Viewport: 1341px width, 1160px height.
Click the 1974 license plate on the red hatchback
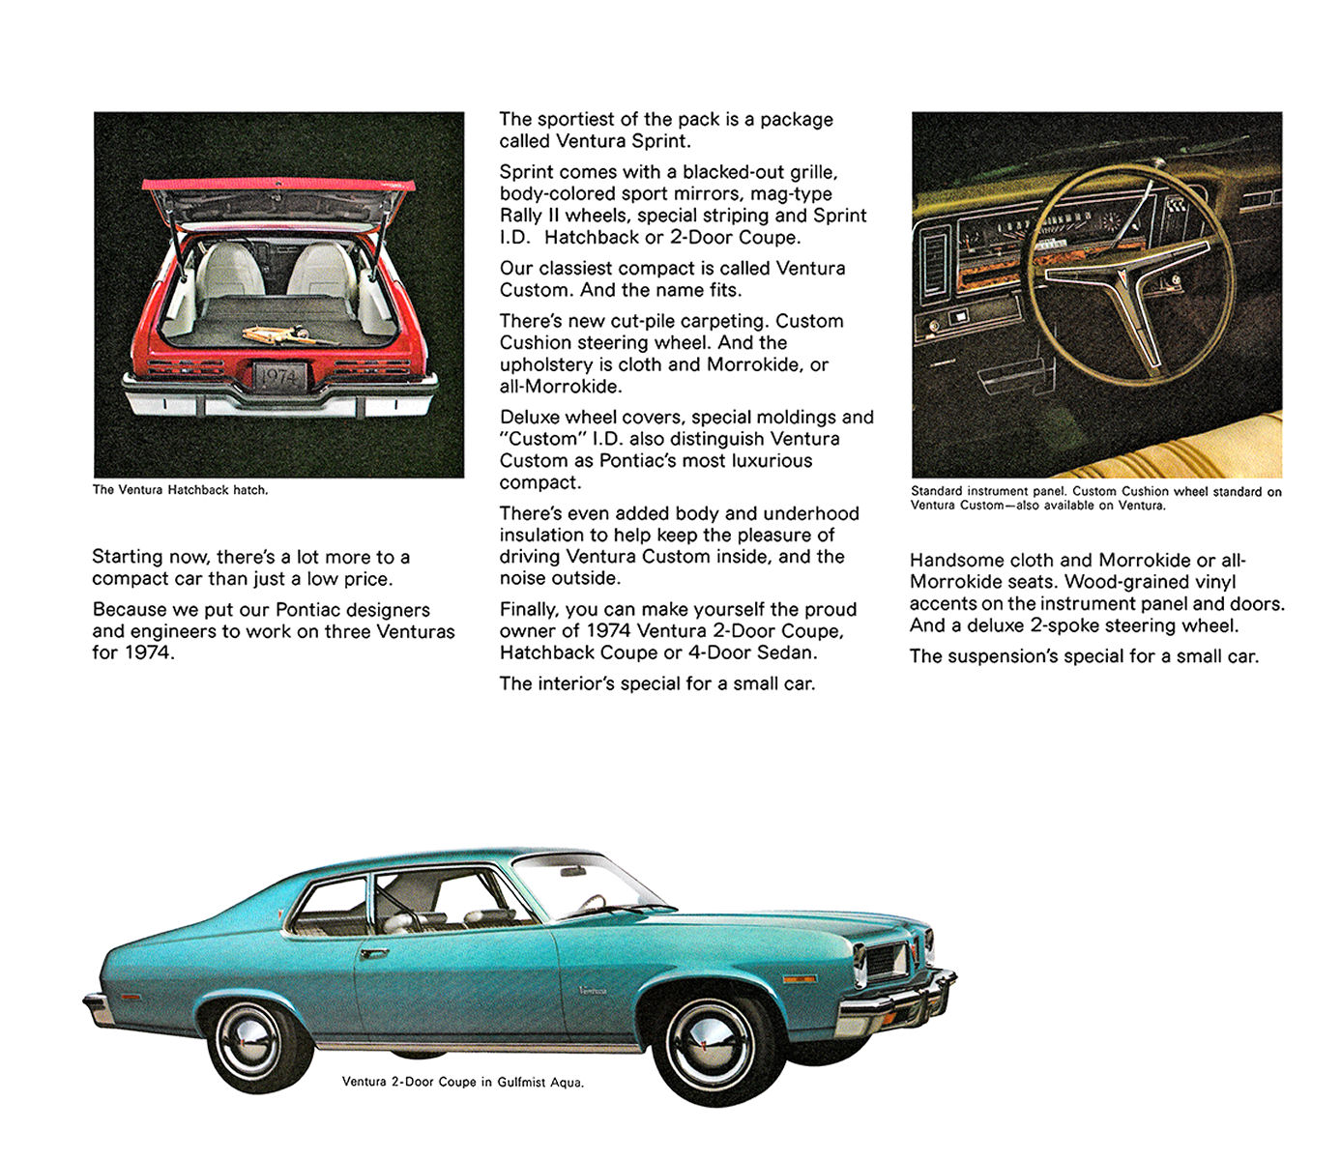(x=279, y=377)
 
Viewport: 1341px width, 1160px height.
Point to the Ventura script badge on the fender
(x=593, y=989)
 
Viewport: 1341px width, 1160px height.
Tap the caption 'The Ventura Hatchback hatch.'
(x=180, y=490)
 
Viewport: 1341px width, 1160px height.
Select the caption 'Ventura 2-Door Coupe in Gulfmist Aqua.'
(x=462, y=1082)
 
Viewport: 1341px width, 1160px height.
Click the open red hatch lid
(x=278, y=185)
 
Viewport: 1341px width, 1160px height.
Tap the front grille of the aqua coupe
(x=887, y=960)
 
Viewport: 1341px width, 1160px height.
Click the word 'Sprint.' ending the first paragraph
(x=661, y=141)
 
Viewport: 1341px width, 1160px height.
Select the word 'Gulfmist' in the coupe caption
(x=523, y=1082)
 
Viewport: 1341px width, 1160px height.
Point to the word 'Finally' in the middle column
(x=529, y=609)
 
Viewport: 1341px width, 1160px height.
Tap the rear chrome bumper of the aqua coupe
(x=98, y=1010)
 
